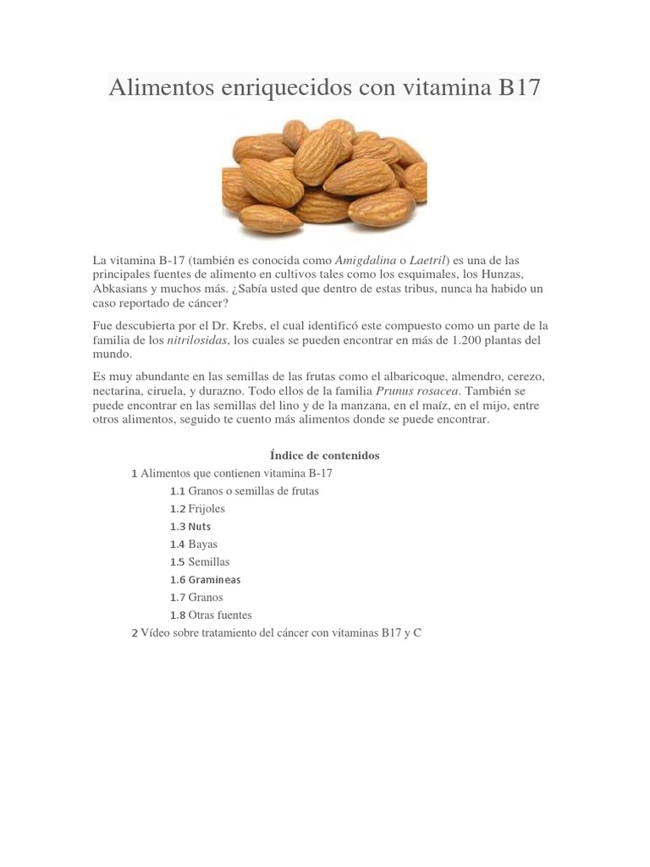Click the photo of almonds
point(324,176)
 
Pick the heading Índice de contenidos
point(324,456)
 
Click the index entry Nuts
point(200,527)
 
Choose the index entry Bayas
point(202,544)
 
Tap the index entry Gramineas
point(214,580)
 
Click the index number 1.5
point(177,562)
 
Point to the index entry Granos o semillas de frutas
point(253,491)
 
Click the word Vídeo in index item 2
point(157,633)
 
